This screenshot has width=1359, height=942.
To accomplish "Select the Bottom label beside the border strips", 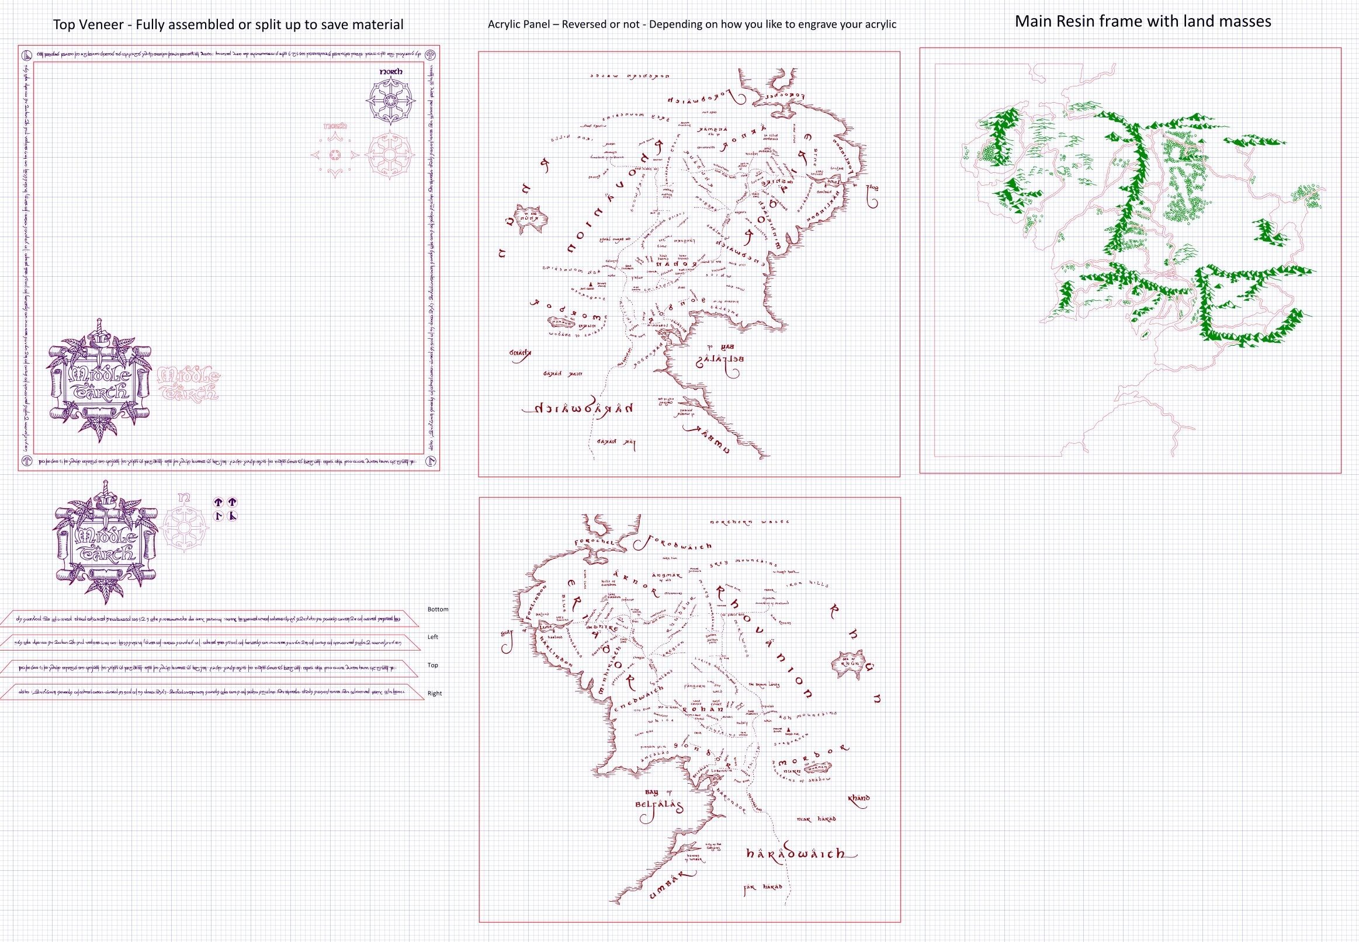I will coord(438,609).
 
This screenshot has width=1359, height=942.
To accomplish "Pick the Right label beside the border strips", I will coord(435,693).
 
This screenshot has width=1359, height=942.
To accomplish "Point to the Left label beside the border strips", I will coord(433,637).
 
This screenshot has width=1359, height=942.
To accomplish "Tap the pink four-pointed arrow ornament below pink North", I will coord(335,155).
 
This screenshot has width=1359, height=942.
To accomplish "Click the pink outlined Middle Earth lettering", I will coord(188,384).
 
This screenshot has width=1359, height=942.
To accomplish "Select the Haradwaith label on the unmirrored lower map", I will coord(795,854).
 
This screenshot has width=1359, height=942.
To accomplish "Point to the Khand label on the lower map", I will coord(858,798).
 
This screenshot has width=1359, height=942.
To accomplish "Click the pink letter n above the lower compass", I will coord(185,498).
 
